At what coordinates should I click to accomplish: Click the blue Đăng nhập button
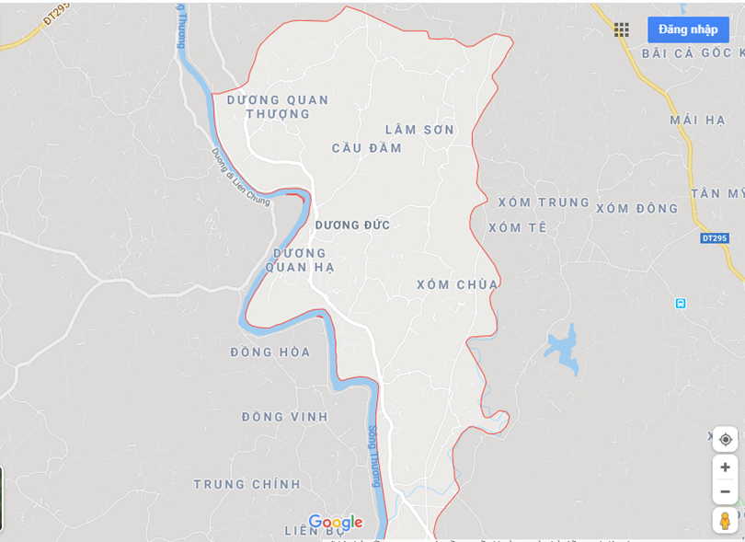click(688, 29)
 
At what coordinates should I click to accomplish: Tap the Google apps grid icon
click(622, 29)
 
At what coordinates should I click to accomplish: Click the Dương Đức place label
click(352, 225)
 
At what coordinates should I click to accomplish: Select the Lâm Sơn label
click(419, 130)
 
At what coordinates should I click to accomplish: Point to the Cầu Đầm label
click(367, 148)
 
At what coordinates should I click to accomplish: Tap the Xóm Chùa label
click(457, 284)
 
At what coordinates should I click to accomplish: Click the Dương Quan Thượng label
click(278, 107)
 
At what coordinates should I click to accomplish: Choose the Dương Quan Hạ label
click(300, 259)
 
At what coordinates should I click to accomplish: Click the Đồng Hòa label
click(270, 352)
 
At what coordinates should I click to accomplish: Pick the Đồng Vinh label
click(285, 417)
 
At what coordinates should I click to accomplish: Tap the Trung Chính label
click(247, 484)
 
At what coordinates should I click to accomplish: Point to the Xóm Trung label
click(544, 202)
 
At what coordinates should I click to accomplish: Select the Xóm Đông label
click(637, 209)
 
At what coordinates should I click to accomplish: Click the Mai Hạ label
click(698, 121)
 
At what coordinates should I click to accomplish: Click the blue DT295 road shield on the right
click(714, 238)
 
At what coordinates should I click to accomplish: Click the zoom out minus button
click(725, 490)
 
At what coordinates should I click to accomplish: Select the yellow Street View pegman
click(725, 521)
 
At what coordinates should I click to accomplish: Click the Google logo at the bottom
click(335, 523)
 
